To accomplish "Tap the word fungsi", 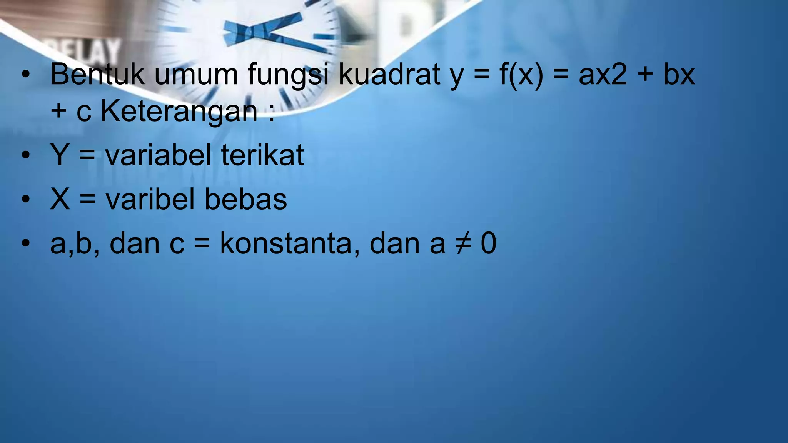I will coord(289,75).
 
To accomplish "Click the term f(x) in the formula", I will coord(521,74).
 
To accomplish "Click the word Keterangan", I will coord(179,112).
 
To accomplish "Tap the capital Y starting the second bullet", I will coord(60,155).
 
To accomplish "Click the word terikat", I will coord(262,155).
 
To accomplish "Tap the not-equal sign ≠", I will coord(463,243).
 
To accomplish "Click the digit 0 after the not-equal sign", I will coord(489,243).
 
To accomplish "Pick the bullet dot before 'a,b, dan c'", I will coord(26,243).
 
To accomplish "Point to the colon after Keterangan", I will coord(272,113).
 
